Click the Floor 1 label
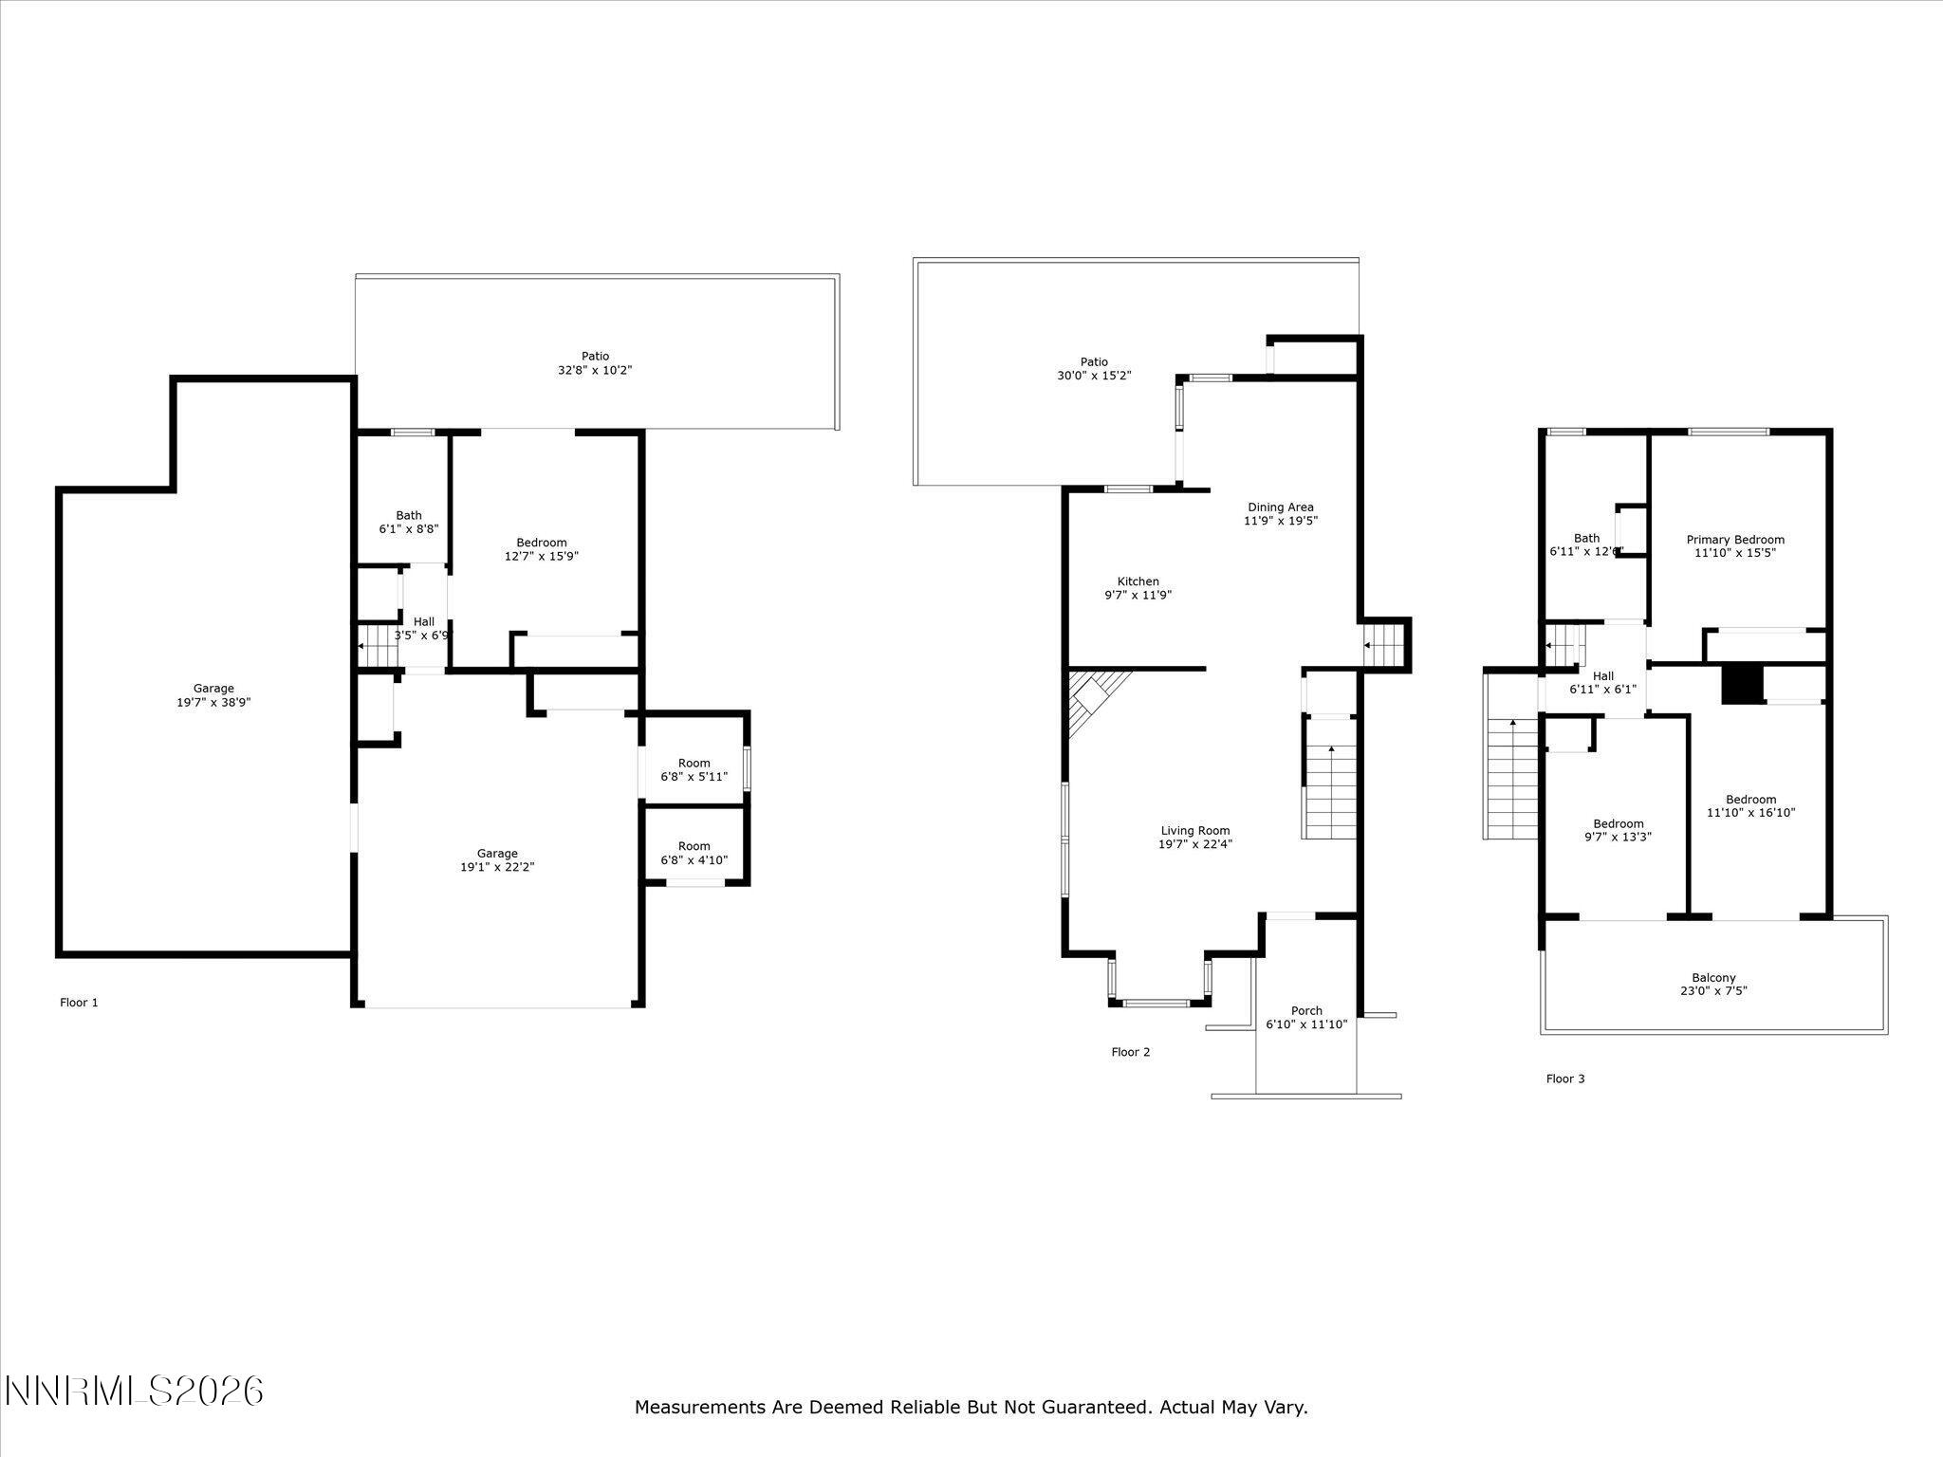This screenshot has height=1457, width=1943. click(79, 1003)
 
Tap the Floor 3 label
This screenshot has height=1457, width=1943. click(1565, 1079)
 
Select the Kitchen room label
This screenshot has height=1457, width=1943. click(1138, 581)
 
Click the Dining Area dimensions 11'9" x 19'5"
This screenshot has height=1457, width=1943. click(1281, 521)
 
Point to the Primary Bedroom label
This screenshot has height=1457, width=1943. click(1735, 540)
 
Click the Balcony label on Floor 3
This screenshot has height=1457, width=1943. click(1713, 978)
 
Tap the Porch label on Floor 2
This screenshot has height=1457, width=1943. click(1306, 1011)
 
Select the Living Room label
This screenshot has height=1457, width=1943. click(1195, 831)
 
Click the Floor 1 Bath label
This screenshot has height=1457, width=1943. click(409, 516)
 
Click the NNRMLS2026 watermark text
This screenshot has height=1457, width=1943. click(134, 1392)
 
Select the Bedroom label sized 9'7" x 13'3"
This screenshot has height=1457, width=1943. click(1619, 824)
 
